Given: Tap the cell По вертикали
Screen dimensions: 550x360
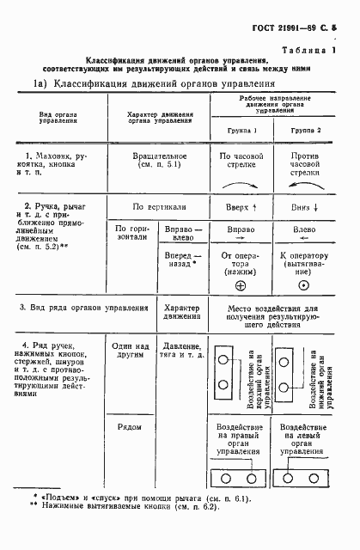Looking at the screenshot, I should (x=160, y=207).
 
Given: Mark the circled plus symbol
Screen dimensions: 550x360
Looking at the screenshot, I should (x=241, y=285).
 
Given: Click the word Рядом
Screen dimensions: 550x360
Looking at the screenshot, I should (x=129, y=425).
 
